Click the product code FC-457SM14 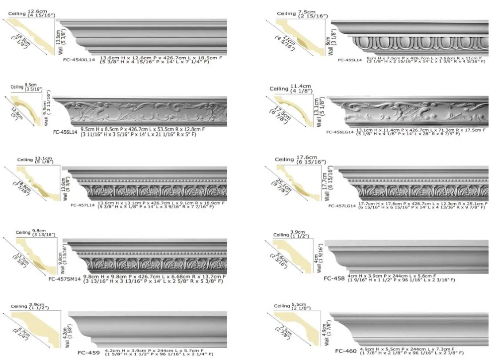pos(64,279)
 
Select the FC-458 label pos(334,278)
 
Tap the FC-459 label pos(89,353)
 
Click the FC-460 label pos(345,351)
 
